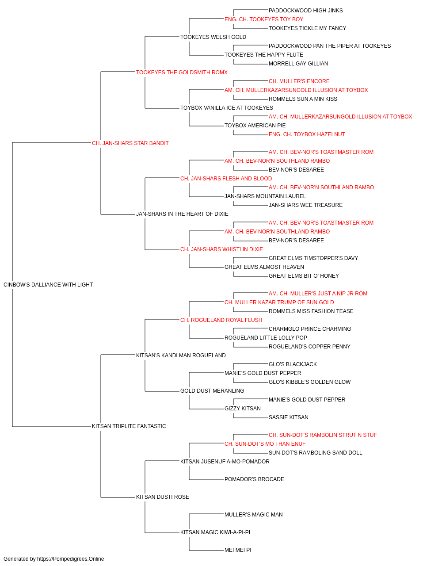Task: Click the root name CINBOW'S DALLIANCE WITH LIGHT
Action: pos(48,285)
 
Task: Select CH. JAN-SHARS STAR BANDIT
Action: pos(130,143)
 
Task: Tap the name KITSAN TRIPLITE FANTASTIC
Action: pos(129,426)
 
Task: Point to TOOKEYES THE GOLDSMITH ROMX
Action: pos(182,73)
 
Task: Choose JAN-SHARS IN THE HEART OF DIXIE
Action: pos(182,214)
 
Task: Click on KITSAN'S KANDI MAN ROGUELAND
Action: pos(181,355)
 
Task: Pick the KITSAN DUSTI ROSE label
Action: pos(163,497)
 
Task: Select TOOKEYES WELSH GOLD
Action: pos(213,37)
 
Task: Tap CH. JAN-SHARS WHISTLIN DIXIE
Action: pos(222,249)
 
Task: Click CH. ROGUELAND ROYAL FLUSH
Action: pos(221,320)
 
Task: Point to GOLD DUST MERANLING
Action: pos(212,391)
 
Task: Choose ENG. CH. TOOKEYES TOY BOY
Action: pos(264,19)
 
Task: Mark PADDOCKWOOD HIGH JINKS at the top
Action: pos(305,11)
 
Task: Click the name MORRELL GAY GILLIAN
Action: pos(298,64)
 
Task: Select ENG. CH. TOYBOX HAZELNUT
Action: pos(307,134)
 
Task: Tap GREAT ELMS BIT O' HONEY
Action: pos(304,276)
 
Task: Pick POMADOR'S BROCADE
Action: pos(254,479)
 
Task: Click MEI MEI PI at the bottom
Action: pos(238,550)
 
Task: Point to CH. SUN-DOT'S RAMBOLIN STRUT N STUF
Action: pos(323,435)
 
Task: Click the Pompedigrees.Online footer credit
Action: pos(53,559)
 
